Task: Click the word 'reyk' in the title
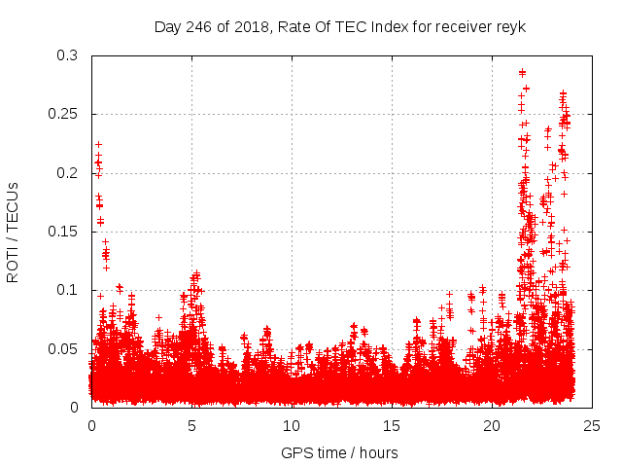click(x=509, y=27)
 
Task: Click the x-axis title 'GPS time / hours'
click(x=339, y=452)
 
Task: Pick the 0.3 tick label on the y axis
click(x=66, y=55)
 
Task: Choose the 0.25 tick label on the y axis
click(x=62, y=114)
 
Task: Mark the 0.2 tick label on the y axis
click(x=66, y=173)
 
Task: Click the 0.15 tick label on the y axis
click(x=62, y=232)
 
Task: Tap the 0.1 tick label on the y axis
click(x=66, y=290)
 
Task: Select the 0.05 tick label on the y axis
click(x=62, y=348)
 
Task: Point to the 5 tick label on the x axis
click(x=191, y=425)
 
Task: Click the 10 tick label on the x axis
click(x=292, y=425)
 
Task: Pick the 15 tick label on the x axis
click(x=392, y=425)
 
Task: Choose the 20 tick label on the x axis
click(x=492, y=425)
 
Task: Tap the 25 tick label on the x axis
click(x=592, y=425)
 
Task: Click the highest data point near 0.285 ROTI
click(x=522, y=72)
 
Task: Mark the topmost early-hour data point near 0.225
click(x=98, y=144)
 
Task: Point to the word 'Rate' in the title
click(x=294, y=27)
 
